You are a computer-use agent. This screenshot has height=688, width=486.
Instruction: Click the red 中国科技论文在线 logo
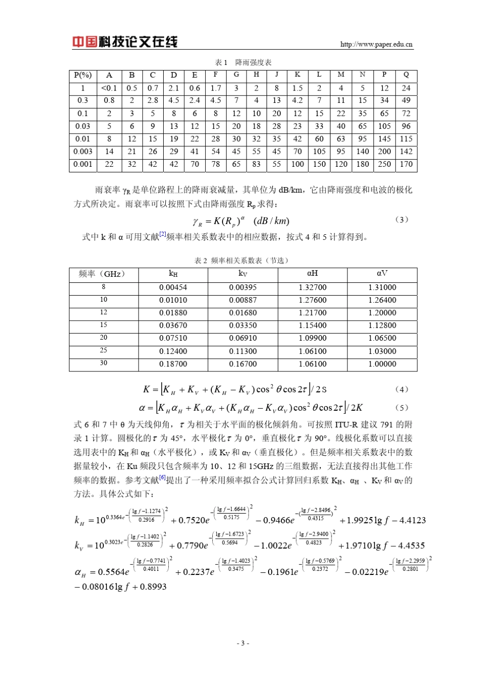124,42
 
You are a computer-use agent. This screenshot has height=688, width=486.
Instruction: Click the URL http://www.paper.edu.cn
376,45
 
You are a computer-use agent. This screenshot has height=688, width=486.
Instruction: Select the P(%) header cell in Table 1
82,75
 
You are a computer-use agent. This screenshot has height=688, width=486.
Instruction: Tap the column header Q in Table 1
406,75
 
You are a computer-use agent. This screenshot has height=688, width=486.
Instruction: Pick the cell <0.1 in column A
109,88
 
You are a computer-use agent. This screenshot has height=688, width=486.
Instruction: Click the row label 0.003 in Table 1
82,151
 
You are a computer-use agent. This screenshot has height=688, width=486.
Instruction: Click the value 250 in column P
384,164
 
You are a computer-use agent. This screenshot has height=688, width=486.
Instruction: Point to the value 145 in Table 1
384,139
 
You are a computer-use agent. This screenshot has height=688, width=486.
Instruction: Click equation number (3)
402,219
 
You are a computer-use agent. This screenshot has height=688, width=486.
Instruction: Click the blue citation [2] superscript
162,234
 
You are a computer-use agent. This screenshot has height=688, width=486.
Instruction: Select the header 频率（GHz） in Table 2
103,274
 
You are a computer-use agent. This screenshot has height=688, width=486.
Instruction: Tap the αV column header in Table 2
382,274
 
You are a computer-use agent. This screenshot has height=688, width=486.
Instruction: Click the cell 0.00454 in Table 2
173,287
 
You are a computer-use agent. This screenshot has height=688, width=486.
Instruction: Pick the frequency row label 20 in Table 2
103,338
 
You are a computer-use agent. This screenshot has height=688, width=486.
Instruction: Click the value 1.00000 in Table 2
382,364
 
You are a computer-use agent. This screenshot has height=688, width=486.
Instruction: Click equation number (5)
402,408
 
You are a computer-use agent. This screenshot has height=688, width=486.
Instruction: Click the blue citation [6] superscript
162,478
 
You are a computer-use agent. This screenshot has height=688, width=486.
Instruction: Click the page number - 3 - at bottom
243,643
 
